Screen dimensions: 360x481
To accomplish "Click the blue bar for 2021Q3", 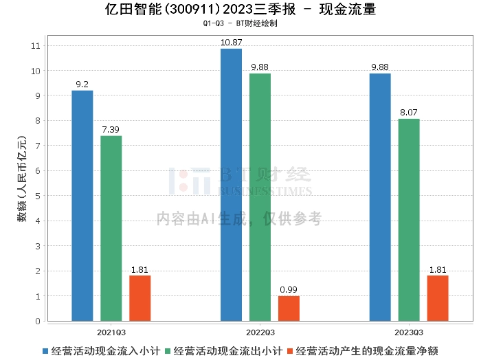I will click(x=82, y=205).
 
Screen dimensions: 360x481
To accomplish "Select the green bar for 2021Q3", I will click(x=111, y=228).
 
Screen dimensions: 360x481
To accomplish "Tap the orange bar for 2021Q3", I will click(x=140, y=298).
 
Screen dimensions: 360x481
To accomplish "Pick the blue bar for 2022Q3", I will click(x=231, y=185).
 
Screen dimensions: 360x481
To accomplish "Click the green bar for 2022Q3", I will click(x=260, y=197).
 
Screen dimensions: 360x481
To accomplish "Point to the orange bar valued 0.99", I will click(x=289, y=308).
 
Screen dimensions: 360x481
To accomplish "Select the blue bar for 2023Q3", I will click(x=380, y=197).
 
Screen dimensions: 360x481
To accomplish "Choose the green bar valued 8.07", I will click(x=409, y=220).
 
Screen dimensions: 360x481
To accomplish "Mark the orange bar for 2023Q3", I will click(x=438, y=298).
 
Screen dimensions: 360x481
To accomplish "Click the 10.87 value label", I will click(x=231, y=43).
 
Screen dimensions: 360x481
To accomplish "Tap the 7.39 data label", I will click(x=111, y=130).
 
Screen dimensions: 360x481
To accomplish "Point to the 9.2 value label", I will click(x=82, y=85).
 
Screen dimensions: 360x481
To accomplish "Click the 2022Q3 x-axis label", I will click(x=260, y=330).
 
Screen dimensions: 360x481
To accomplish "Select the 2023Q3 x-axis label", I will click(x=409, y=330).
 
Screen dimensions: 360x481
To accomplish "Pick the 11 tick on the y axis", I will click(x=36, y=45).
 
